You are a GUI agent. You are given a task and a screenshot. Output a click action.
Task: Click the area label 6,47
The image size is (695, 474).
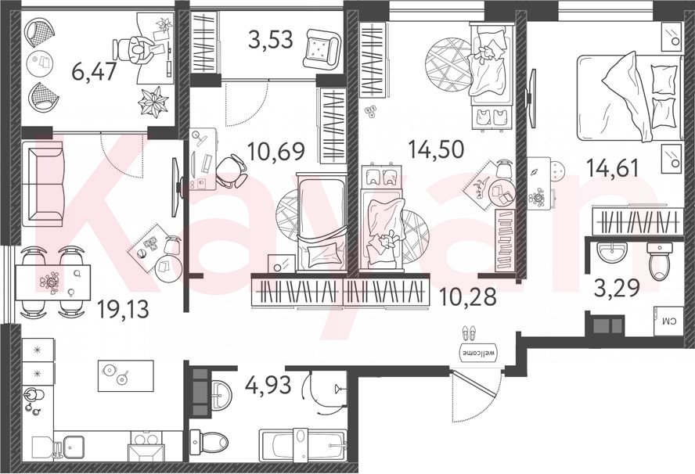94,71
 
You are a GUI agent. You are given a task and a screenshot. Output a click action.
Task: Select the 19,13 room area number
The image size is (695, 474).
123,309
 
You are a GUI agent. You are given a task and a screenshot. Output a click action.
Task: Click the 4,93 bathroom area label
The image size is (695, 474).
268,384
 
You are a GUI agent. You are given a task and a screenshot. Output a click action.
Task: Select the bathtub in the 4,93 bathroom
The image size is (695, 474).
302,445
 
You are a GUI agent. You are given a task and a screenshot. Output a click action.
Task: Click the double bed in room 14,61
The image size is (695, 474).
629,97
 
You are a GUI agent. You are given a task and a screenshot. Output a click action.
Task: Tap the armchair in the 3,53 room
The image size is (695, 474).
322,48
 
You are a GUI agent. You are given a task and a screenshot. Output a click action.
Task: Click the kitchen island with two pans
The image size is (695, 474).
125,375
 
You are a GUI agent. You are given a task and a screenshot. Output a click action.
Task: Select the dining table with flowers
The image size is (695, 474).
53,282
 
